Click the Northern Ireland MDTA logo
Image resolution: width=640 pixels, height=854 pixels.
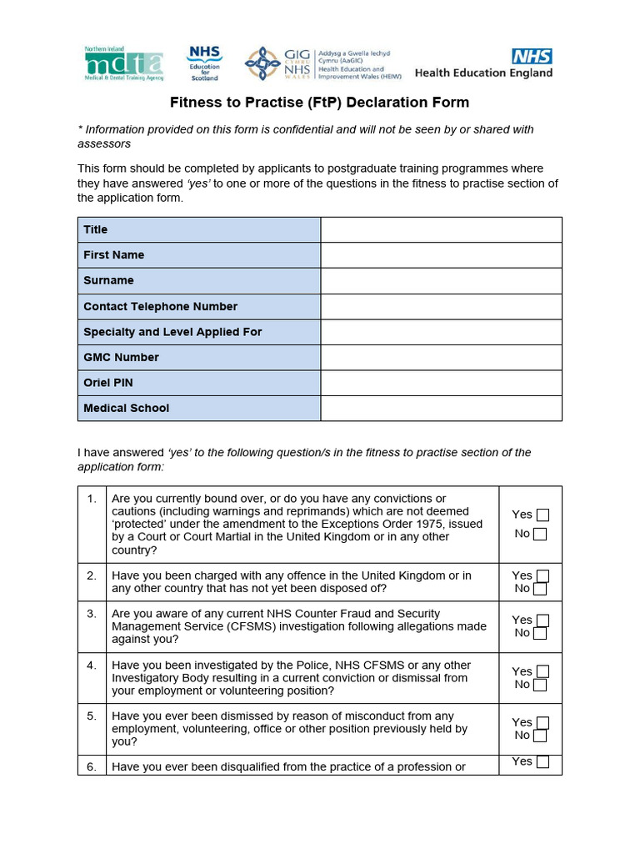(x=123, y=64)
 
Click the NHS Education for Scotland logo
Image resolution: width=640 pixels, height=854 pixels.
(x=204, y=63)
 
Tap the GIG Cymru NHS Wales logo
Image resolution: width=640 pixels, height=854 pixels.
(x=277, y=63)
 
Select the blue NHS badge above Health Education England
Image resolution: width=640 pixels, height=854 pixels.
(x=532, y=56)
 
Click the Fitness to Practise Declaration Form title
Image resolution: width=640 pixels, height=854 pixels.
(x=319, y=103)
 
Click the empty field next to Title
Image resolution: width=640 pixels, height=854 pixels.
(x=441, y=229)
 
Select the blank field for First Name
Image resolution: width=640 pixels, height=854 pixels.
(x=441, y=255)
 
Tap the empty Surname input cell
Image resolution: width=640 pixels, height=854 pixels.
(x=441, y=281)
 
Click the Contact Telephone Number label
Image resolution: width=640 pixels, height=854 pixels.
(x=160, y=306)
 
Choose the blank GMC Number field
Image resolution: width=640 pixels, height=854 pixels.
(x=441, y=358)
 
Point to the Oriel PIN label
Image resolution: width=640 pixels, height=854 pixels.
(x=108, y=383)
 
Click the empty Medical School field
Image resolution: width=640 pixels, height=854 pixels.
(x=441, y=409)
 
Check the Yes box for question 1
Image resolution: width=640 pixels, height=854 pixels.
(x=542, y=515)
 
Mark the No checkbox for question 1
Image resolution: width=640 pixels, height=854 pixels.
(x=540, y=535)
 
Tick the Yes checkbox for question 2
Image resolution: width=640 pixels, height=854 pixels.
(x=542, y=576)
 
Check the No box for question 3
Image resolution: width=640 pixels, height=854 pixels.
(x=540, y=634)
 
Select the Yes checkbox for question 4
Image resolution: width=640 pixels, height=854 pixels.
(x=542, y=672)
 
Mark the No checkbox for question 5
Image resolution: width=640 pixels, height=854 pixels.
(x=540, y=736)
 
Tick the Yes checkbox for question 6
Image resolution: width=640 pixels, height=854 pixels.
(x=542, y=761)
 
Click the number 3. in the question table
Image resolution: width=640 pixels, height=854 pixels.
(x=92, y=614)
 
